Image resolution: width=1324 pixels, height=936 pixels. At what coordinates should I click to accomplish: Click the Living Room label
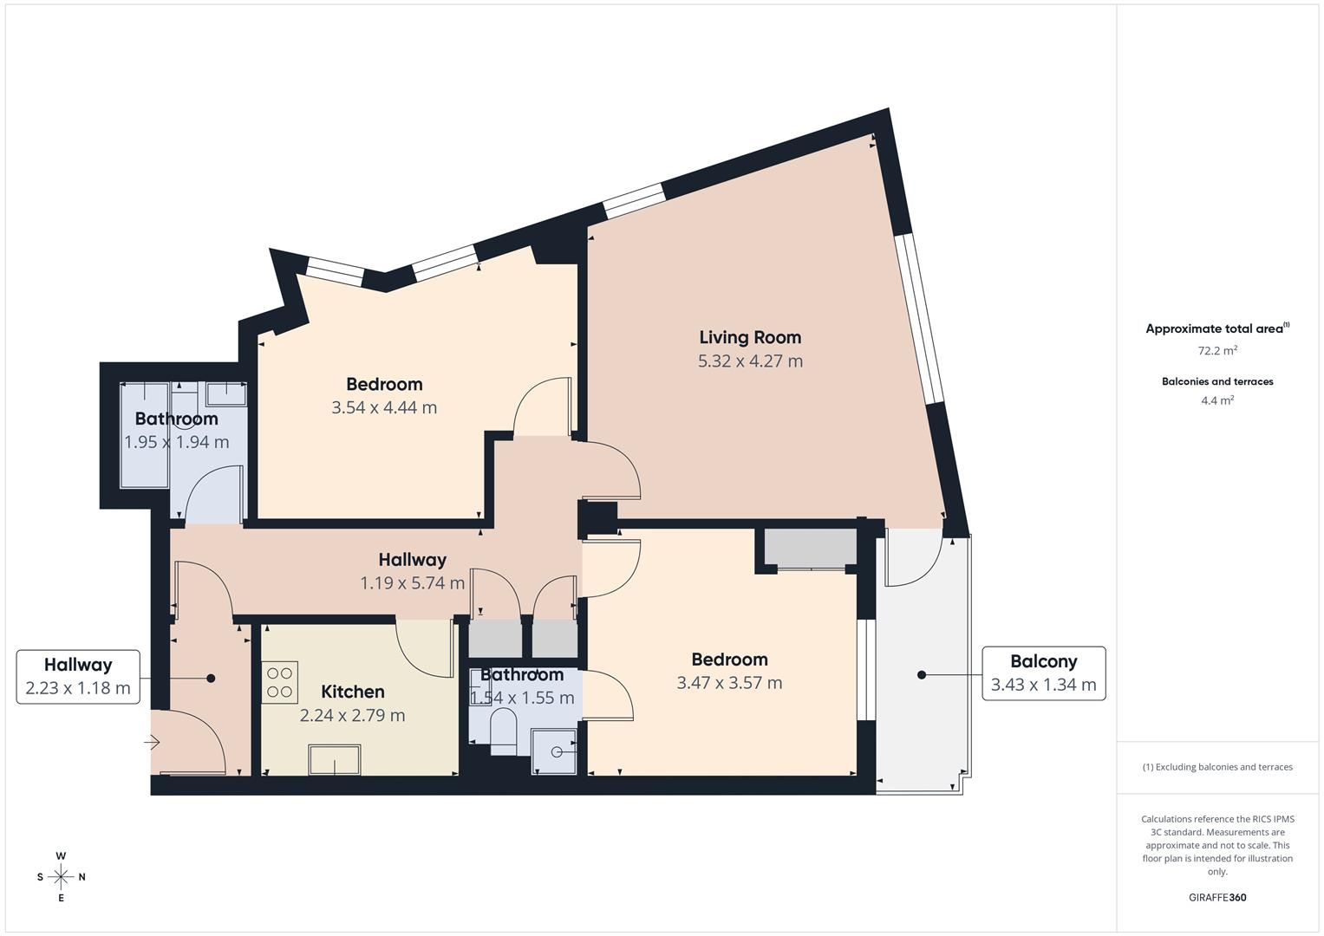click(x=750, y=337)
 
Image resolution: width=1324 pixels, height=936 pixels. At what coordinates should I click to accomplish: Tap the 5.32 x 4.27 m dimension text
click(x=750, y=361)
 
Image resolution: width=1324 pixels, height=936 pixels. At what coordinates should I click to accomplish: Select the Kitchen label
click(x=353, y=692)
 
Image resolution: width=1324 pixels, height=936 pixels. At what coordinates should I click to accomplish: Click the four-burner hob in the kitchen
click(x=279, y=683)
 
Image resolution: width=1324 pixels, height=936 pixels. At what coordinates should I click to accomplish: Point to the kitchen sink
click(x=335, y=760)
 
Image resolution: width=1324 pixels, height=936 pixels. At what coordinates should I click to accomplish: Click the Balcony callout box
click(x=1044, y=673)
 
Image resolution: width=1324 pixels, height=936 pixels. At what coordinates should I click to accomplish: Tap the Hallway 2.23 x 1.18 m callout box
click(x=78, y=677)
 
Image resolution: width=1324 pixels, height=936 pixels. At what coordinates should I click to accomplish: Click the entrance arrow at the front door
click(x=152, y=742)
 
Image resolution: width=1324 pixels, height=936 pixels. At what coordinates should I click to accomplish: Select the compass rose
click(x=61, y=877)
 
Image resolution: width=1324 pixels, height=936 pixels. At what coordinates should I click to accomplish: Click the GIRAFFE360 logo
click(x=1217, y=898)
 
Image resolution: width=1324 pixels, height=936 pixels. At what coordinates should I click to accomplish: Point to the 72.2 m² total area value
click(x=1217, y=350)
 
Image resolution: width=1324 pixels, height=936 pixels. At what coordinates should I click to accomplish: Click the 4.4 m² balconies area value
click(x=1217, y=400)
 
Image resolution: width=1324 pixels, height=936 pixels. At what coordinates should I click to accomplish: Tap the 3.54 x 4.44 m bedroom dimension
click(x=384, y=407)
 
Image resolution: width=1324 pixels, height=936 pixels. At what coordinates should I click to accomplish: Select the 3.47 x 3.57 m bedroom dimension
click(x=729, y=683)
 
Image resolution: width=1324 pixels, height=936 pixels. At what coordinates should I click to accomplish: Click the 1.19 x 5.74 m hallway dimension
click(x=413, y=583)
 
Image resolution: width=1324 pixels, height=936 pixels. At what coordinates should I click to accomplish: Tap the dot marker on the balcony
click(x=922, y=675)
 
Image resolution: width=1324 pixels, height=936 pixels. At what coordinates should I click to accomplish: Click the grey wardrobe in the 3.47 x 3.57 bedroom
click(x=811, y=547)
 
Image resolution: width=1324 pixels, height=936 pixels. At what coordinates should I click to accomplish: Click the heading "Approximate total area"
click(x=1214, y=329)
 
